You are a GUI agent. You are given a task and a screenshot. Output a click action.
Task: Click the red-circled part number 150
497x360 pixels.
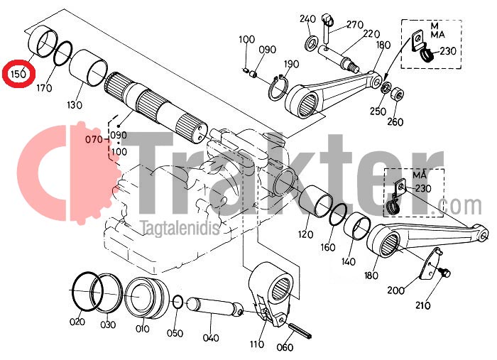coord(18,74)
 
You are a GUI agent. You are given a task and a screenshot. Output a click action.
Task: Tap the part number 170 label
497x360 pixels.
coord(44,87)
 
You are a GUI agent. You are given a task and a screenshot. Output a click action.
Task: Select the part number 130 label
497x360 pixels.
coord(75,104)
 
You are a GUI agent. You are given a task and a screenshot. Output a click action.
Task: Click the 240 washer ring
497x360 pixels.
coord(312,43)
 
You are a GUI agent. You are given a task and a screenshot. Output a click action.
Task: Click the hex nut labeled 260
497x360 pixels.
coord(396,94)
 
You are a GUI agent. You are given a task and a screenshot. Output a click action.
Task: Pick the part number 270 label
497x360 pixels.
coord(354,24)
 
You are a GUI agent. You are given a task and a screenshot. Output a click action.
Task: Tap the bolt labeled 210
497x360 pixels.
coord(444,272)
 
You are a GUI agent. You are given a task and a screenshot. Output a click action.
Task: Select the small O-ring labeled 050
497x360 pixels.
coord(177,301)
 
